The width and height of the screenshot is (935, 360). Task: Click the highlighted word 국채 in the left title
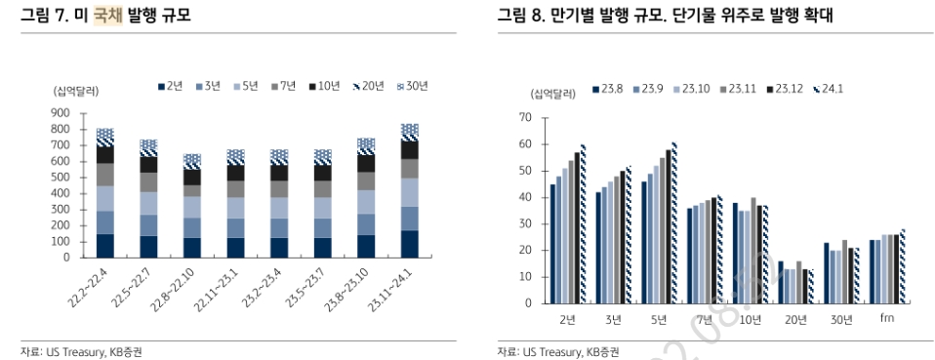[x=107, y=15]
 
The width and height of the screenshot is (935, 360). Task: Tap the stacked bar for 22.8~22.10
[x=192, y=206]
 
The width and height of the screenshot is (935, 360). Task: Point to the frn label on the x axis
[x=887, y=319]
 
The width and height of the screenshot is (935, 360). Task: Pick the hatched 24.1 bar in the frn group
[x=903, y=266]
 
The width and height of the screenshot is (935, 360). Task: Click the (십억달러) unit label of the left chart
[x=76, y=90]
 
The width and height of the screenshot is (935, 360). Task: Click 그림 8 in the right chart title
[x=520, y=15]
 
